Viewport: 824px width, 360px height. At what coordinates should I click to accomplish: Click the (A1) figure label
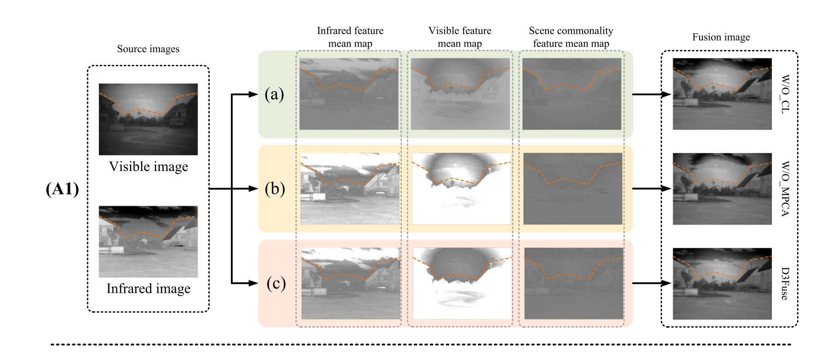pyautogui.click(x=62, y=189)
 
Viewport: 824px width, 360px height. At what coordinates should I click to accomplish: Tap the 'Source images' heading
pyautogui.click(x=148, y=49)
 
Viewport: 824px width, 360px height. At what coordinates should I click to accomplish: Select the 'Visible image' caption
pyautogui.click(x=148, y=166)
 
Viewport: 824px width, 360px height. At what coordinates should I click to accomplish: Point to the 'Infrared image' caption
pyautogui.click(x=148, y=289)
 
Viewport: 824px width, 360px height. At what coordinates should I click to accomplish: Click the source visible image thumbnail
pyautogui.click(x=148, y=119)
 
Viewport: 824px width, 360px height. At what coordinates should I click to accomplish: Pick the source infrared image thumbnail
pyautogui.click(x=148, y=242)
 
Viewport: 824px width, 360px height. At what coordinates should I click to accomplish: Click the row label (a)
pyautogui.click(x=274, y=94)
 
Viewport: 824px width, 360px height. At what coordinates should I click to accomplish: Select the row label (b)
pyautogui.click(x=275, y=189)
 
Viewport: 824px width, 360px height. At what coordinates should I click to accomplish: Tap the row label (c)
pyautogui.click(x=276, y=283)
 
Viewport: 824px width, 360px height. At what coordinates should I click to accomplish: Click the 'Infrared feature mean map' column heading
pyautogui.click(x=350, y=37)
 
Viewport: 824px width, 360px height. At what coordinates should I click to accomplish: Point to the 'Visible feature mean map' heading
pyautogui.click(x=460, y=37)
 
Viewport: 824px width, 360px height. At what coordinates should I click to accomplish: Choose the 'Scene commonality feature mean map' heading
pyautogui.click(x=571, y=37)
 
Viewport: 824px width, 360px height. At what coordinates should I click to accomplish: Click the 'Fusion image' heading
pyautogui.click(x=721, y=37)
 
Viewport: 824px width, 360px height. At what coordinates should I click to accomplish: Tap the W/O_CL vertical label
pyautogui.click(x=785, y=94)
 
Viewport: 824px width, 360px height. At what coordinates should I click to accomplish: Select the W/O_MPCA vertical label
pyautogui.click(x=785, y=189)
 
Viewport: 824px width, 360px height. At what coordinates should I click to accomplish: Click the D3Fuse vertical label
pyautogui.click(x=785, y=283)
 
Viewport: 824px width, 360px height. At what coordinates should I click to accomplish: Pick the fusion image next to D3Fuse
pyautogui.click(x=722, y=283)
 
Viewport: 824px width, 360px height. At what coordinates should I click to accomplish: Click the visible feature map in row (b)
pyautogui.click(x=461, y=189)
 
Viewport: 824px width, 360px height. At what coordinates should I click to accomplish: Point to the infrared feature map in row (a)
pyautogui.click(x=349, y=94)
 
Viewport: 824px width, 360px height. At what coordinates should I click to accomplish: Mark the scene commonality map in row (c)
pyautogui.click(x=574, y=283)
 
